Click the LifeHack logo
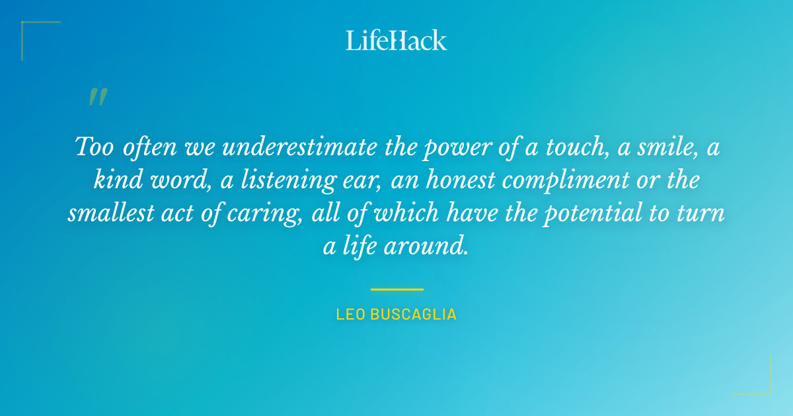397,40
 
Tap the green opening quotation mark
97,97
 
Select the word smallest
109,215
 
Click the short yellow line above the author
397,289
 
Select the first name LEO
350,314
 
